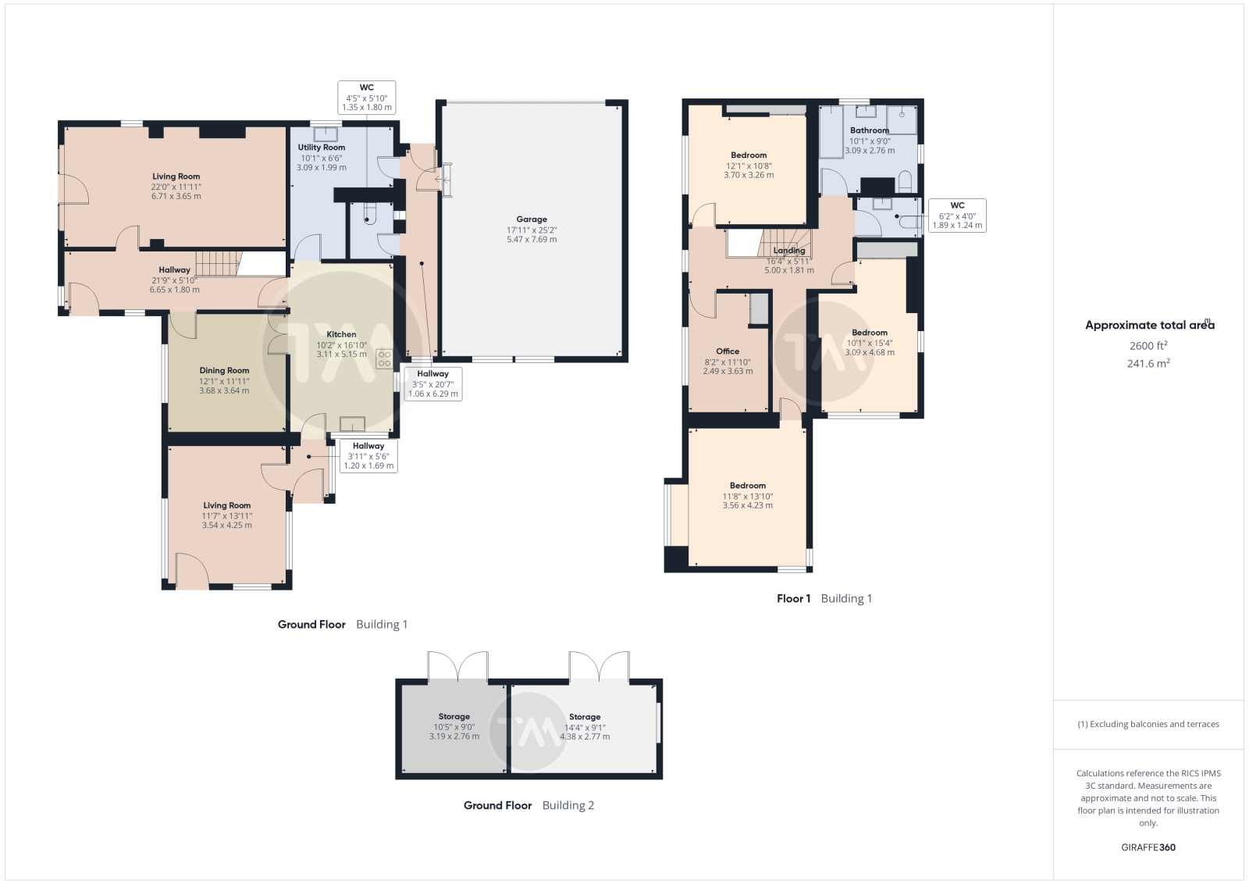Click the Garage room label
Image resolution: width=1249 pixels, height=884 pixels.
532,219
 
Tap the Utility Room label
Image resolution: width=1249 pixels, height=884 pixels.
321,148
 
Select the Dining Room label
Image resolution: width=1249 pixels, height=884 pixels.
224,370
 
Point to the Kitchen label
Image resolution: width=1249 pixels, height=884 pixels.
341,334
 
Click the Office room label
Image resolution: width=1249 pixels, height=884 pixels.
728,351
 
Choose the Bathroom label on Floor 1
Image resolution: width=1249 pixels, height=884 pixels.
870,130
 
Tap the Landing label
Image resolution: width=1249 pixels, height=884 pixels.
789,251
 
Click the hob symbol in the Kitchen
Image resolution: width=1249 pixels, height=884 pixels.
384,358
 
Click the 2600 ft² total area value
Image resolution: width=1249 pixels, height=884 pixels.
1148,346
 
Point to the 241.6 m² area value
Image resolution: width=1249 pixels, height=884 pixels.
1148,364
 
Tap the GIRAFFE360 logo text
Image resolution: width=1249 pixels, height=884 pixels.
1148,847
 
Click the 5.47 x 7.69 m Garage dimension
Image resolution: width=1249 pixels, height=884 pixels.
532,239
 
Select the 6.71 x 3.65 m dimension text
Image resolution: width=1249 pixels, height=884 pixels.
176,196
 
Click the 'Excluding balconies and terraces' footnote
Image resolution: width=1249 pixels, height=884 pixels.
1148,724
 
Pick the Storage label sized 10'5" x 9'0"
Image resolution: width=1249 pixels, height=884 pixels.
454,717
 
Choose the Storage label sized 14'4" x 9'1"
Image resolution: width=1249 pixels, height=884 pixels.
585,717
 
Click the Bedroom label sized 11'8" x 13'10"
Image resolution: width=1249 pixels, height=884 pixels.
748,486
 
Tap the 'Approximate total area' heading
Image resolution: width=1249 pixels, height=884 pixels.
1149,325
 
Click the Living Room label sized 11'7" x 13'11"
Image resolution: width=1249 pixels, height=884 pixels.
227,505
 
